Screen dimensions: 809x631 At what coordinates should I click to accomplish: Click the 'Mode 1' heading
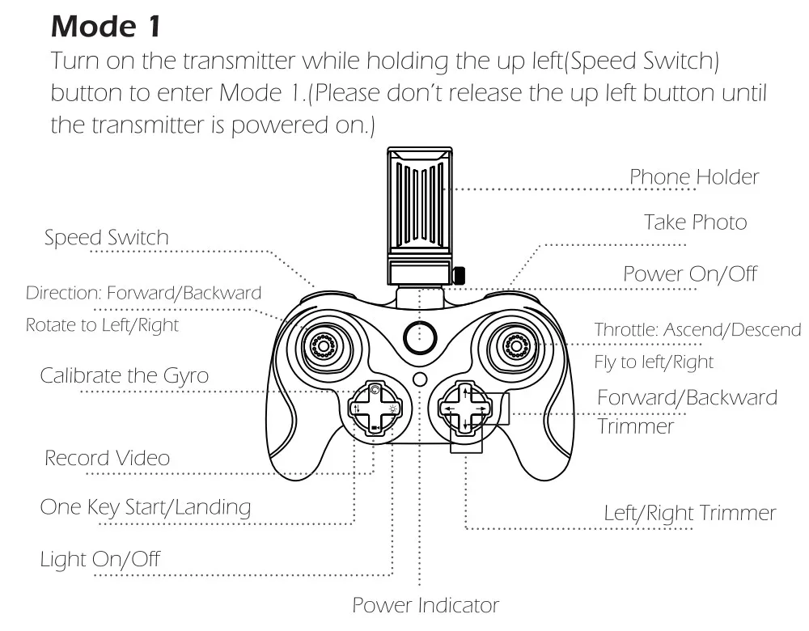(x=106, y=26)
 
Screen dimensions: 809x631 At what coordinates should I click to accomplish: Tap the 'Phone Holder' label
(x=694, y=177)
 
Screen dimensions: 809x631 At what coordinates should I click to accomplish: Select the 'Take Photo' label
(x=695, y=222)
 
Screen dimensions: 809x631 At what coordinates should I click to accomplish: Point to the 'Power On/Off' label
(x=690, y=274)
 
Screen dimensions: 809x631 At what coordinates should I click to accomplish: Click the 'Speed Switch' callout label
(x=106, y=237)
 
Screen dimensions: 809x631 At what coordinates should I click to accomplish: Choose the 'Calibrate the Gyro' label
(x=125, y=375)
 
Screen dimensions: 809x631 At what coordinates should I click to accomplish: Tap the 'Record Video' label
(x=108, y=458)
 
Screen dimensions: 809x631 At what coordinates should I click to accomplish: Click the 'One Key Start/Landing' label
(x=146, y=507)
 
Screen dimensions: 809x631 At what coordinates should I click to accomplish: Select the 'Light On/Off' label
(x=100, y=559)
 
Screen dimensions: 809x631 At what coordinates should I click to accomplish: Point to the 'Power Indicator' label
(x=426, y=605)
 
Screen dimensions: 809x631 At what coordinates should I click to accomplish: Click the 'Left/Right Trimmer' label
(x=690, y=513)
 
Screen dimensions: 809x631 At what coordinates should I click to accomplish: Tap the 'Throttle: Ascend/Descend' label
(x=697, y=329)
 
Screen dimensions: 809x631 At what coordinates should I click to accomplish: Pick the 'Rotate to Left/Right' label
(x=102, y=325)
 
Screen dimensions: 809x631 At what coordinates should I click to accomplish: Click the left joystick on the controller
(x=324, y=345)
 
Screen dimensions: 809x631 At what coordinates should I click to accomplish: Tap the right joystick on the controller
(x=515, y=345)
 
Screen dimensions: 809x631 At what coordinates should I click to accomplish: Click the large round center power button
(x=420, y=338)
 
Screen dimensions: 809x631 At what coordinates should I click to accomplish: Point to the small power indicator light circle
(x=420, y=379)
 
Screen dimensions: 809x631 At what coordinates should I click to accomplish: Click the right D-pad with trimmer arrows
(x=465, y=409)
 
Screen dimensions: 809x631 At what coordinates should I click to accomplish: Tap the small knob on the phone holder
(x=458, y=275)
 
